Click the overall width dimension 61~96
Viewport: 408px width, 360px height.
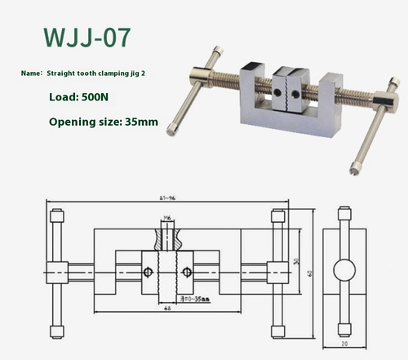(168, 197)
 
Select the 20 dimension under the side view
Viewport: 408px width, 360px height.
(344, 345)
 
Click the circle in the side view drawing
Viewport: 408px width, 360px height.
(344, 270)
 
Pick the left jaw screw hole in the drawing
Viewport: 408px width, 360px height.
(149, 271)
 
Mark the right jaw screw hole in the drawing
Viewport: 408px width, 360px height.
(187, 271)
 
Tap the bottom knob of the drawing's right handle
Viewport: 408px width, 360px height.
(277, 331)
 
